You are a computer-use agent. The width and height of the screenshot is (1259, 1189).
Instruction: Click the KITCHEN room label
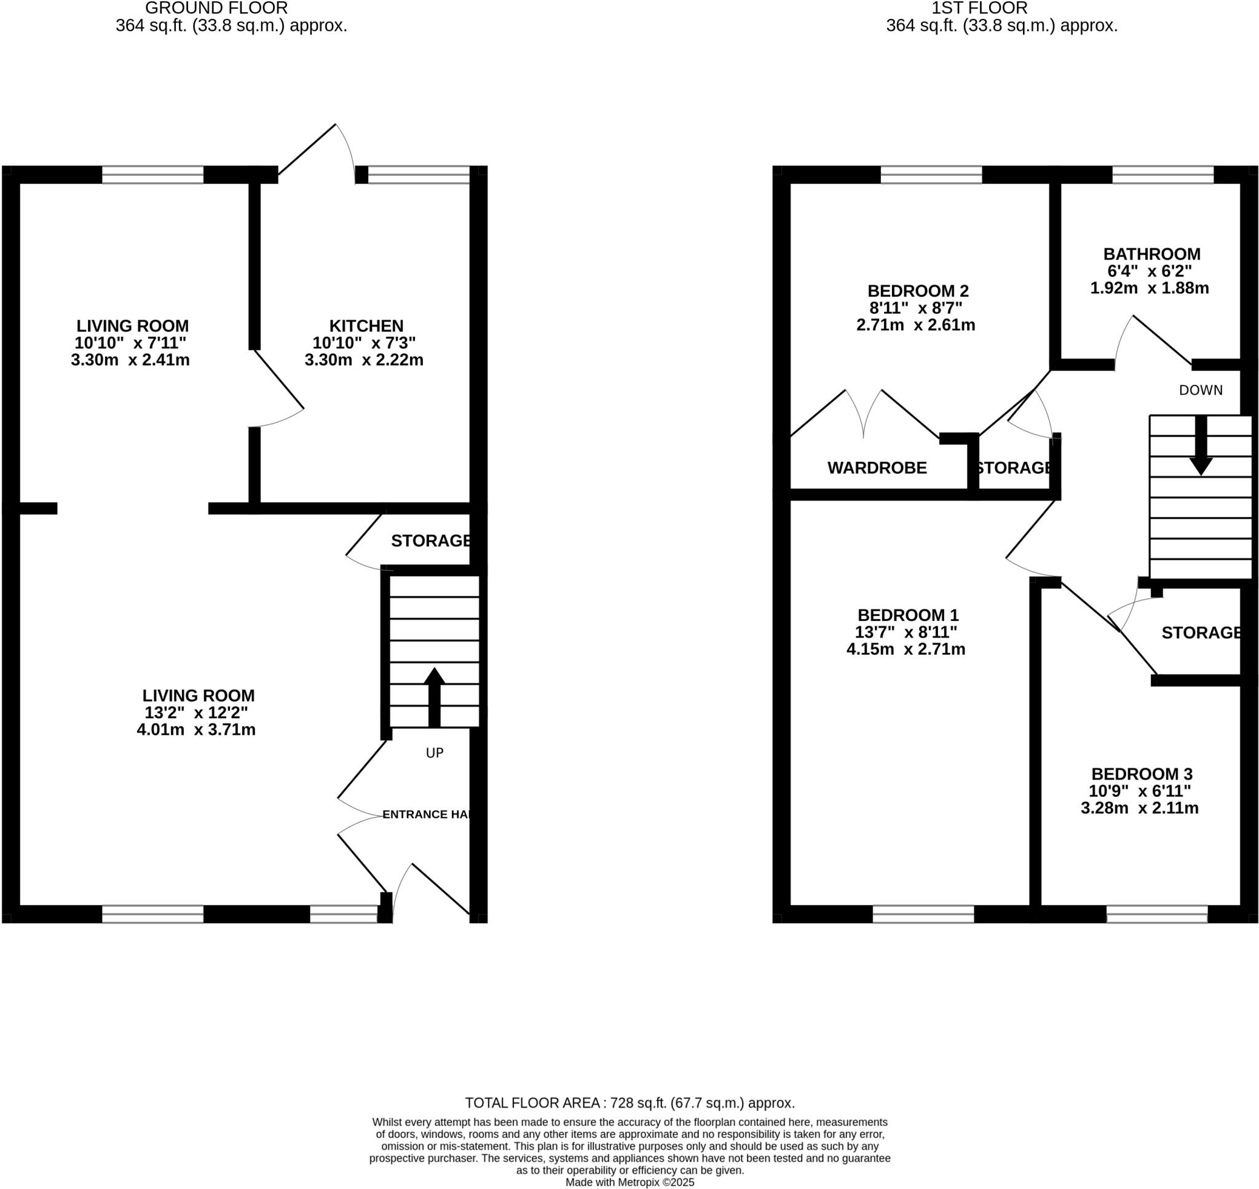pos(366,326)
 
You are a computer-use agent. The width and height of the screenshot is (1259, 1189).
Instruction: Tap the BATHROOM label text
pos(1151,253)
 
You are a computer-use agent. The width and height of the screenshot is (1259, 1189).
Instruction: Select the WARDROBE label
pos(876,468)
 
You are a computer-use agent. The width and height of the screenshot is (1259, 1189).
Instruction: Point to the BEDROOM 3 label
pos(1141,774)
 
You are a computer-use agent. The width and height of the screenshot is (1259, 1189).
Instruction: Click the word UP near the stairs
pos(434,753)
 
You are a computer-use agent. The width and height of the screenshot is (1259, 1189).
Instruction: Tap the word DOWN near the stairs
pos(1200,390)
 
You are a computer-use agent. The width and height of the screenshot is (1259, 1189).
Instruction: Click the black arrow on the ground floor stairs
pos(434,697)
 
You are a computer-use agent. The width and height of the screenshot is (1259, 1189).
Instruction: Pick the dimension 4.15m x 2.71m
pos(906,649)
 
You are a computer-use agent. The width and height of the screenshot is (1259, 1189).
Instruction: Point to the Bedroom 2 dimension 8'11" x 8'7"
pos(915,308)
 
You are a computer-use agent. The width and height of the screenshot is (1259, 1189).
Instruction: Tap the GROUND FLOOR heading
pos(216,8)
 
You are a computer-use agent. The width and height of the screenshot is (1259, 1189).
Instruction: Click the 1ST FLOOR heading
pos(979,8)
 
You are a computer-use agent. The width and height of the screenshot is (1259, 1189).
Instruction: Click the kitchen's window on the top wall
pos(419,175)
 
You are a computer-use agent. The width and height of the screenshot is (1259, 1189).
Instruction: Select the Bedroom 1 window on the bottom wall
pos(923,914)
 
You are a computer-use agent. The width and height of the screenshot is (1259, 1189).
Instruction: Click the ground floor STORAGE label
pos(431,540)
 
